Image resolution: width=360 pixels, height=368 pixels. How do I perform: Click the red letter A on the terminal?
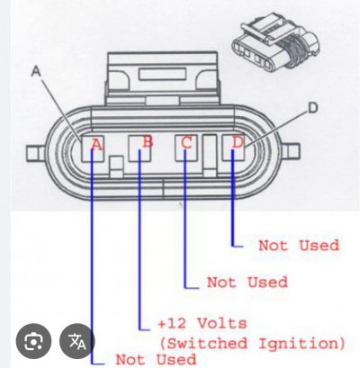point(96,145)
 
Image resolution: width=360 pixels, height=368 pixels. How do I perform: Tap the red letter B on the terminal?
point(148,141)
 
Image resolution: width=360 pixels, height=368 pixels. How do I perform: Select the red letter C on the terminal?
point(186,142)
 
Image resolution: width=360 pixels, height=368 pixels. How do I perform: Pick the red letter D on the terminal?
point(238,142)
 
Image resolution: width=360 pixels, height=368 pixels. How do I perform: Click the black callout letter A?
point(36,71)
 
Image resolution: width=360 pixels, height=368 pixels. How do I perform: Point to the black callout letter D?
point(313,108)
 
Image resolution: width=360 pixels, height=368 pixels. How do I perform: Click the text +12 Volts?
point(202,324)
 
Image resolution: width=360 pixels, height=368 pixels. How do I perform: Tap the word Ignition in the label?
point(301,344)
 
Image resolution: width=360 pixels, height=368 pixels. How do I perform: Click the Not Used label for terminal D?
point(299,246)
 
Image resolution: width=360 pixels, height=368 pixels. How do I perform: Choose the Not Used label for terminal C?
point(247,283)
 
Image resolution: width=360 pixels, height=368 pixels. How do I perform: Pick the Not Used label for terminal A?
point(156,359)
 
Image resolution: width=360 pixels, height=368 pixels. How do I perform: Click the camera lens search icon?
point(33,341)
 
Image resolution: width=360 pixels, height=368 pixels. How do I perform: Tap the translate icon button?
point(77,341)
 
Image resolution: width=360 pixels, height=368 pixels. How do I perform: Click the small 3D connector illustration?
point(274,42)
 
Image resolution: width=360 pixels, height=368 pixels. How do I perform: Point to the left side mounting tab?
point(35,153)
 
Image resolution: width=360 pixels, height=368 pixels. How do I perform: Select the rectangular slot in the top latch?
point(162,75)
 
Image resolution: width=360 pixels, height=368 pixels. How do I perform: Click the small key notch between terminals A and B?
point(116,166)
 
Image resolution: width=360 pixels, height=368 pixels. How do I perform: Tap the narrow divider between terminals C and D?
point(210,155)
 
